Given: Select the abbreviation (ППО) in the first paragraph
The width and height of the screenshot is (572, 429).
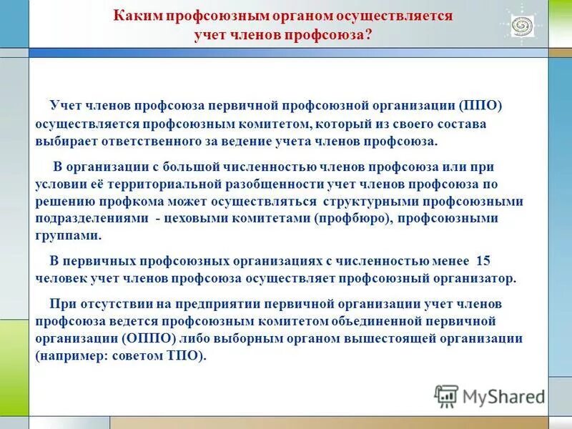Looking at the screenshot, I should coord(482,106).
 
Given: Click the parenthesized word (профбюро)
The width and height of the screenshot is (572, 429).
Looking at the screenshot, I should coord(351,219).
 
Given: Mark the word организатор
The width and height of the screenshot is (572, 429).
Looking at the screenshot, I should coord(473,278).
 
